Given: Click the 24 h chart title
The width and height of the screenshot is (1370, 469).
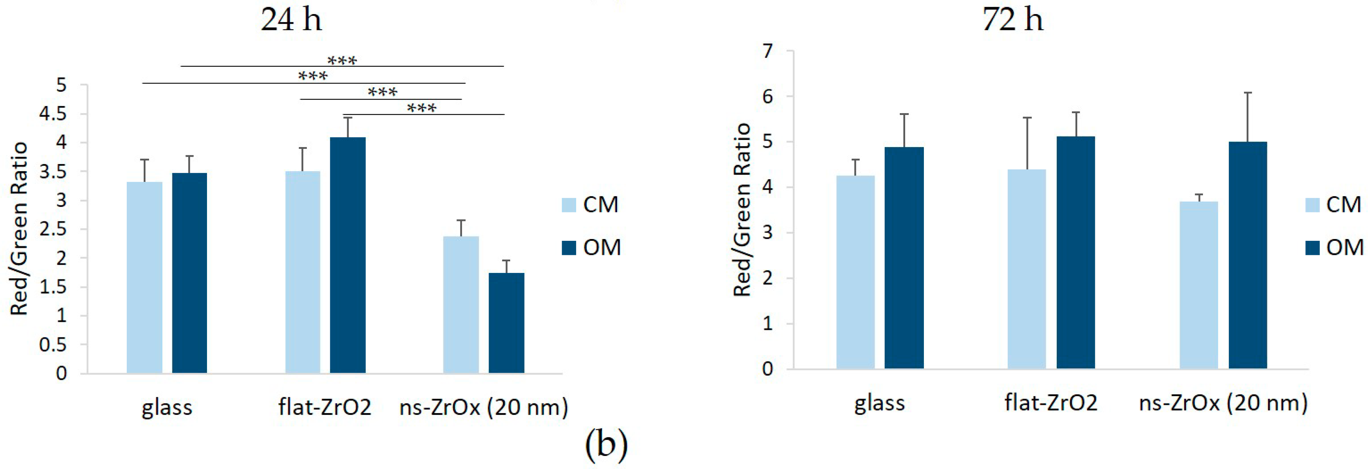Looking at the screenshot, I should [x=291, y=20].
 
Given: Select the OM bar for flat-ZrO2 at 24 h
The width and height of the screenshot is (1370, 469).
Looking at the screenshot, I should [x=347, y=256].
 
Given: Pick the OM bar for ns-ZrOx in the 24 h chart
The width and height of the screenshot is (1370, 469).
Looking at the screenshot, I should [x=506, y=323].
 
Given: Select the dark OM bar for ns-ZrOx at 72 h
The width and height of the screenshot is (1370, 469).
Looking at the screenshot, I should [x=1248, y=256].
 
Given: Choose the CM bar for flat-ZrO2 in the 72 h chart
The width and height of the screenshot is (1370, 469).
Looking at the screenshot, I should [x=1027, y=269].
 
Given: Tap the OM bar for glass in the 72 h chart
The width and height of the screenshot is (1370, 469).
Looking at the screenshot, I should [x=904, y=258].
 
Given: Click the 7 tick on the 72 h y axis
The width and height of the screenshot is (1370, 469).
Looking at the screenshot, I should [x=768, y=51].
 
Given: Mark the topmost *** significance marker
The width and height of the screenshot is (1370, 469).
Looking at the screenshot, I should [x=342, y=61].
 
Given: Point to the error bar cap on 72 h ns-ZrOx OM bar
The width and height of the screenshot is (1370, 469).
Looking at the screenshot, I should [x=1248, y=93].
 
